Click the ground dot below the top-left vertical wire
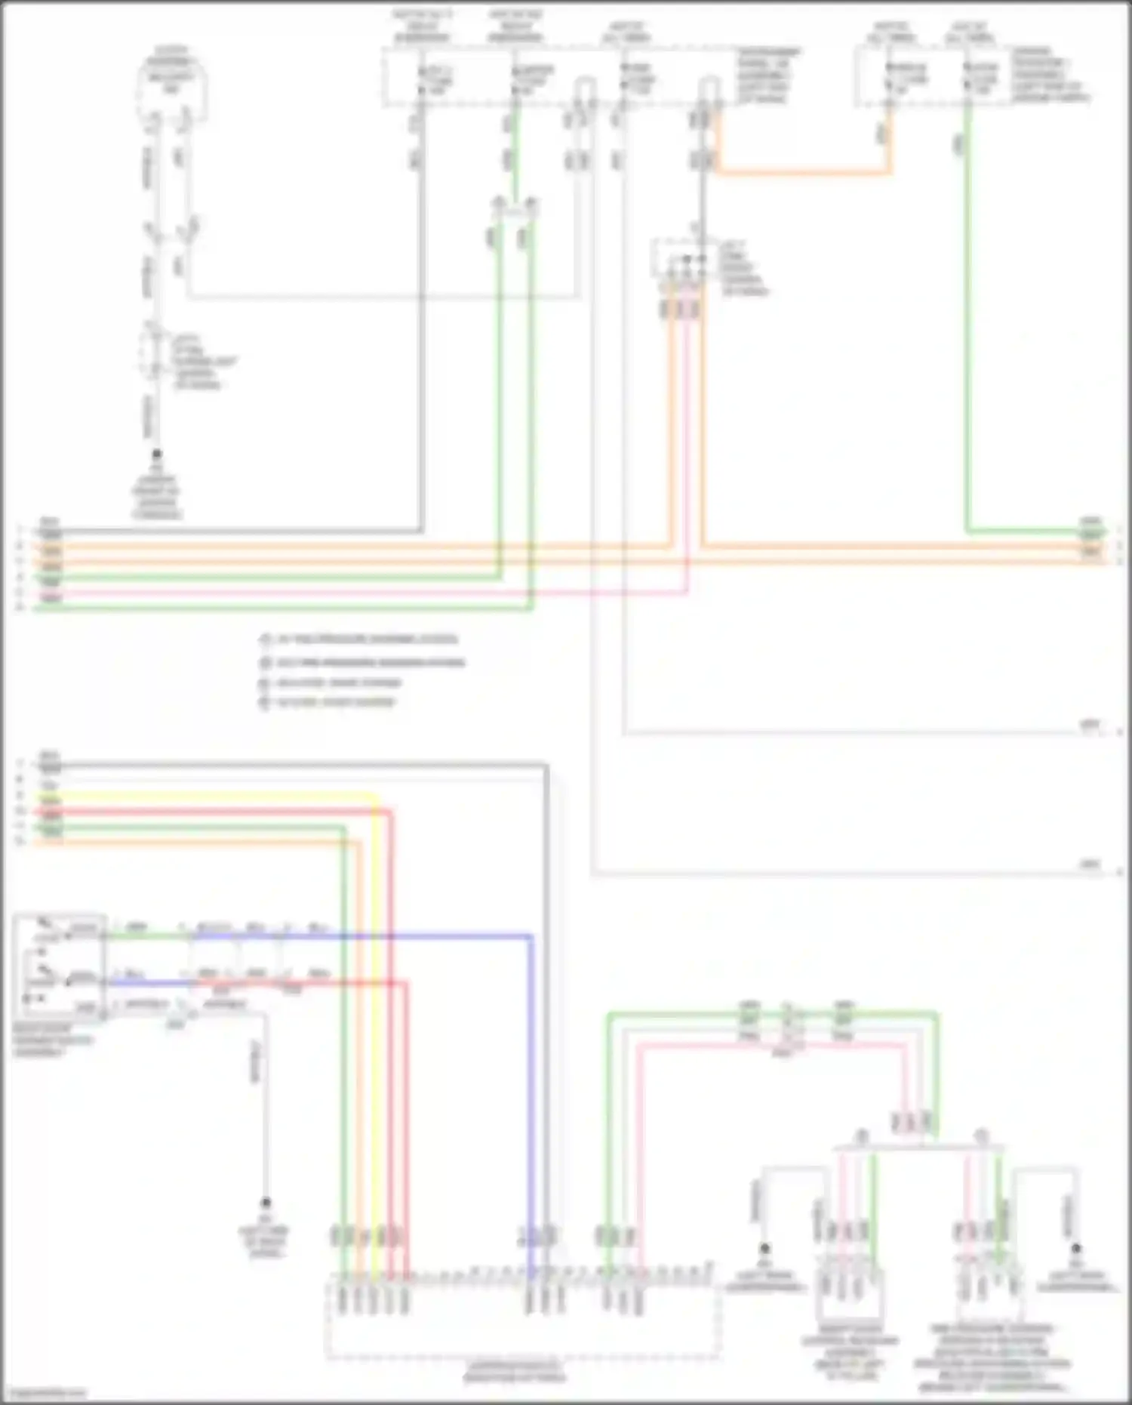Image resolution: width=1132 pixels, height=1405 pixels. pyautogui.click(x=157, y=454)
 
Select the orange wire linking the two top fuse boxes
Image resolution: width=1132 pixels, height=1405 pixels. pyautogui.click(x=804, y=173)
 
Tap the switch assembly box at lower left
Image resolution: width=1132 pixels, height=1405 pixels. pyautogui.click(x=59, y=968)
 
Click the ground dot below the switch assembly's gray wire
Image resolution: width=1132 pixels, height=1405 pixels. pyautogui.click(x=266, y=1202)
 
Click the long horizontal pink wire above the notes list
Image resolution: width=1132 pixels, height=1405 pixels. pyautogui.click(x=362, y=593)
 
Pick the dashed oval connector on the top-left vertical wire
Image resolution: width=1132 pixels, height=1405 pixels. pyautogui.click(x=154, y=350)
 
